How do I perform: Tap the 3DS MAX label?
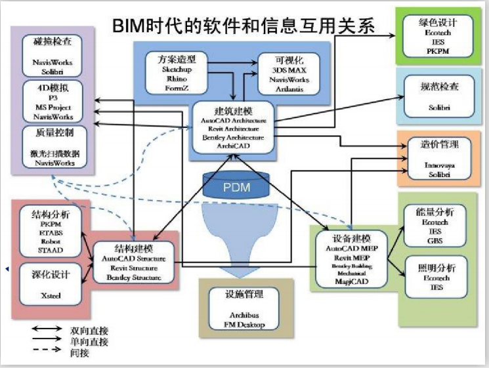284,70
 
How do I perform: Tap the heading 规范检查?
438,85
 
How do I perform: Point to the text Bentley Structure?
134,278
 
